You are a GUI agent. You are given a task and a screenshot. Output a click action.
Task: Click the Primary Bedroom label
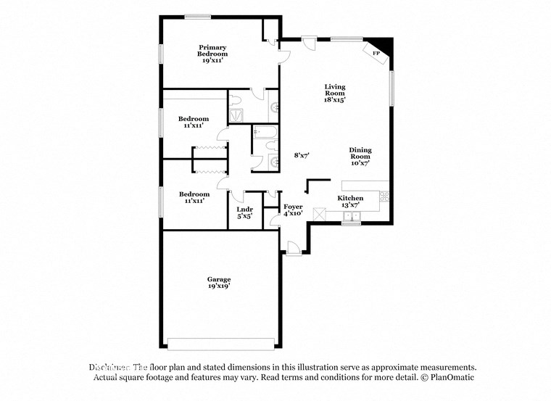(x=213, y=50)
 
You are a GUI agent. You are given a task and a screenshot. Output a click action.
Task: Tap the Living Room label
(x=334, y=89)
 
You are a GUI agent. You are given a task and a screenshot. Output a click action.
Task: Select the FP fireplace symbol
(x=376, y=53)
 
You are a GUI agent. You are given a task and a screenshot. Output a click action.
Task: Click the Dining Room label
(x=360, y=153)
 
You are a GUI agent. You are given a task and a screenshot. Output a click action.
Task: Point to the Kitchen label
(x=350, y=198)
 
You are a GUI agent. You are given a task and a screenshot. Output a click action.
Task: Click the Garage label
(x=219, y=279)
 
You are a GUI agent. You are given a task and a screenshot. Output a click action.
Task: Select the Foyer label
(x=293, y=207)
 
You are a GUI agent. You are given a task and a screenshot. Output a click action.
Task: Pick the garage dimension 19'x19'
(x=219, y=286)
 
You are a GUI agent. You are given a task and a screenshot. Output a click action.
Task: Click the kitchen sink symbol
(x=352, y=215)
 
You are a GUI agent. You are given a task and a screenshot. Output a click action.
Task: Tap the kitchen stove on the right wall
(x=384, y=196)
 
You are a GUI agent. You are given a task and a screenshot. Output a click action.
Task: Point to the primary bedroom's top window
(x=197, y=17)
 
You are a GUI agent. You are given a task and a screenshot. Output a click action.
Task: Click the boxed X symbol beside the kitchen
(x=320, y=215)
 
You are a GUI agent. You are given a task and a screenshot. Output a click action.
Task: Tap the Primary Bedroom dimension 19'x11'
(x=213, y=61)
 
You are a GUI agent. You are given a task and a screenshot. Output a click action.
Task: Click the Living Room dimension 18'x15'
(x=334, y=100)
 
